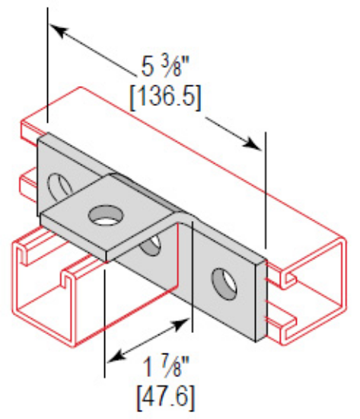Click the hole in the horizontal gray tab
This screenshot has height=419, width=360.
tap(100, 216)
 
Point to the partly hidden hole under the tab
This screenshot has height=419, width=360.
tap(152, 245)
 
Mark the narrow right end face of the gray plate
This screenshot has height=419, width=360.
tap(263, 297)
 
